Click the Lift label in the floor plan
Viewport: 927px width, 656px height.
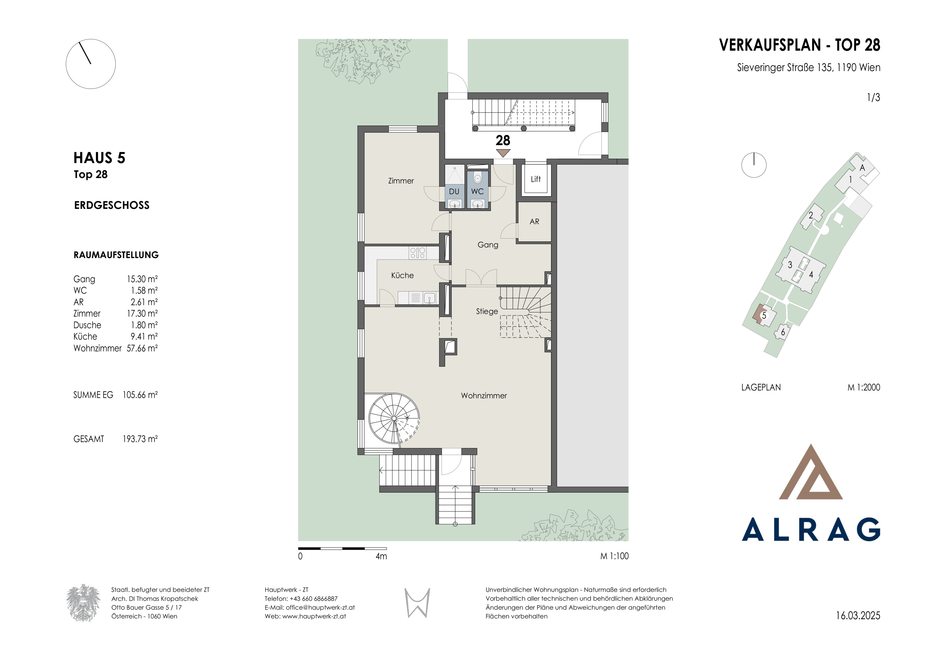point(536,179)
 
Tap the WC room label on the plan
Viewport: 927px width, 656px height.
point(477,191)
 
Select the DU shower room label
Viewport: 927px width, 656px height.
point(454,191)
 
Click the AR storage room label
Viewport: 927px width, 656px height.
point(534,222)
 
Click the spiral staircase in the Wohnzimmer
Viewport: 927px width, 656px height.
point(394,419)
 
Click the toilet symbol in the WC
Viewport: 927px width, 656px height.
point(477,178)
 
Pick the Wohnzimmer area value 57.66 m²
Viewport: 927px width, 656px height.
point(142,348)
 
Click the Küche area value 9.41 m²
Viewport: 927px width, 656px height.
point(144,337)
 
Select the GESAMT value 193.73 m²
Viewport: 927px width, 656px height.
point(140,439)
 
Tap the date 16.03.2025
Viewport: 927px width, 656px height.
point(858,616)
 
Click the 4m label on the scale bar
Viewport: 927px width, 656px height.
point(381,556)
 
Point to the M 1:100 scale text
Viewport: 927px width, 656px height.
point(614,556)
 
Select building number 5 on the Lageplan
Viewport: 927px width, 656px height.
point(764,315)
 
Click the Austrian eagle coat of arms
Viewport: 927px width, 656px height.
point(83,603)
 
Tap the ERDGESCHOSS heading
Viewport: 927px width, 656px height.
point(112,205)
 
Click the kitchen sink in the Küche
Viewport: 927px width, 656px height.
point(430,298)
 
